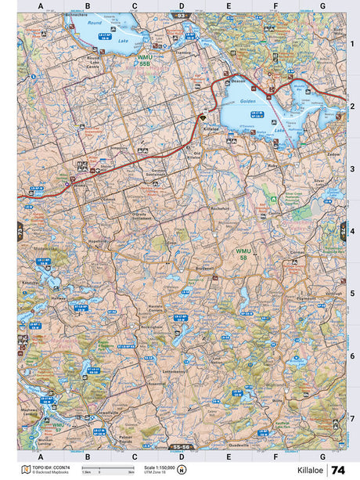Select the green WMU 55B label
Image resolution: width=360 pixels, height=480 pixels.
[145, 60]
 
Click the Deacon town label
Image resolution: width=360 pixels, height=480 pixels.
[238, 78]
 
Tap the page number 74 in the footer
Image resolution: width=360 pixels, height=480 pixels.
[337, 469]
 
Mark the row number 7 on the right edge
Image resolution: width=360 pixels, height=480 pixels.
[352, 418]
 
